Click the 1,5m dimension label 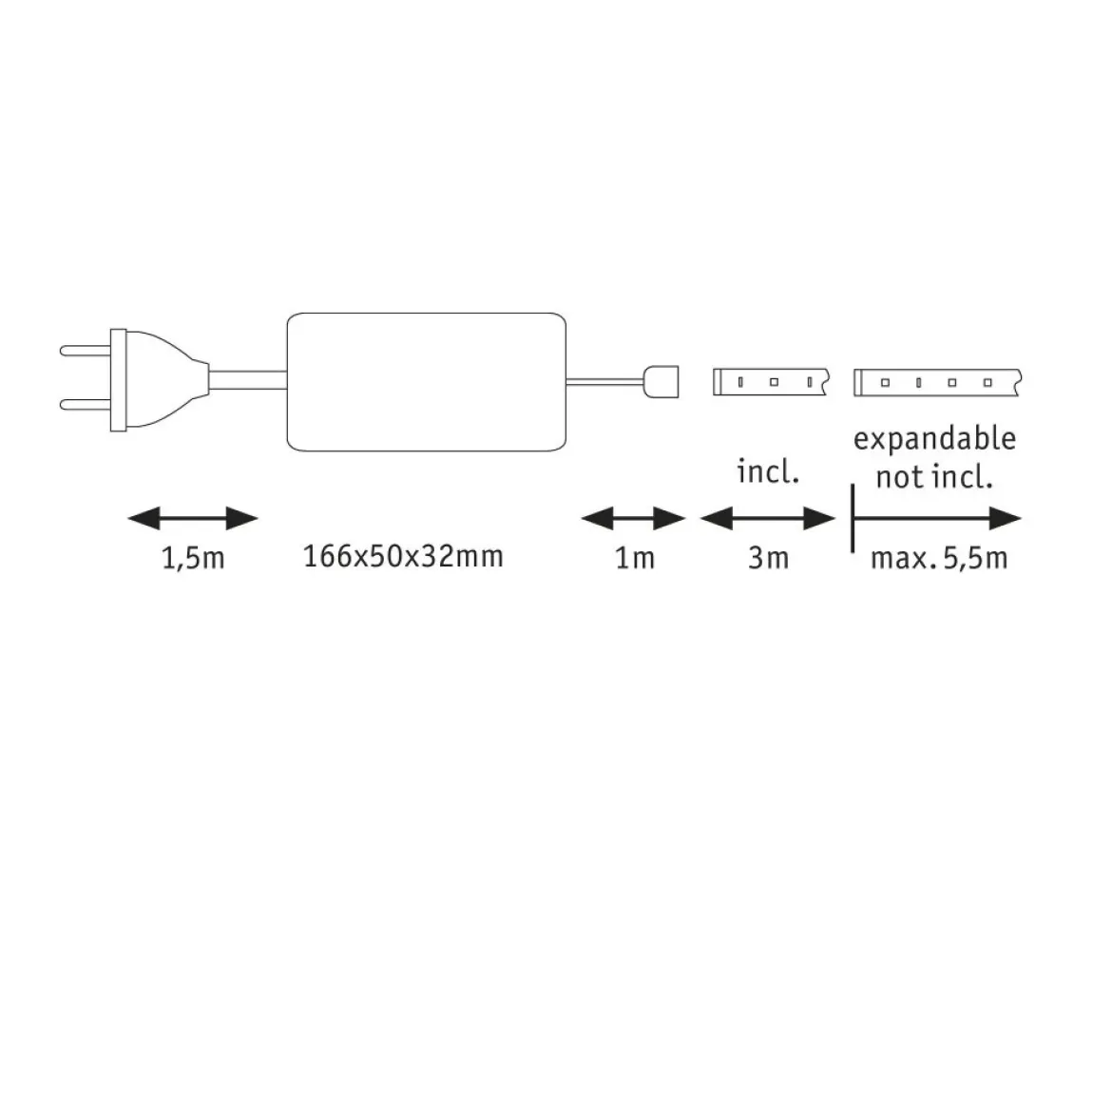(193, 559)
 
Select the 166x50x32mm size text (403, 556)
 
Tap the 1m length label (635, 558)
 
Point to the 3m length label (768, 558)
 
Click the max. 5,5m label (939, 558)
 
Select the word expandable (934, 440)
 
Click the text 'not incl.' (934, 477)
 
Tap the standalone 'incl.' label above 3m (768, 471)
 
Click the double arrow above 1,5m (193, 518)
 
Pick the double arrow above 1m (633, 518)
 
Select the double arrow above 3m (768, 518)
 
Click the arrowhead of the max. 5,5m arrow (1006, 518)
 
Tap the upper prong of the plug (86, 351)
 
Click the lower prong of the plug (86, 404)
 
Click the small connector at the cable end (661, 381)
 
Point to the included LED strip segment (771, 381)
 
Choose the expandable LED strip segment (937, 382)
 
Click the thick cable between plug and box (248, 379)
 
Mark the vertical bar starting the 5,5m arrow (853, 518)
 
